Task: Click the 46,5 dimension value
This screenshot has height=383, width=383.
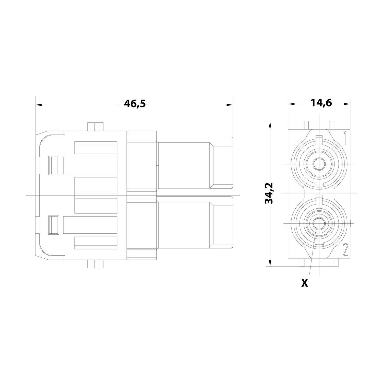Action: (x=135, y=104)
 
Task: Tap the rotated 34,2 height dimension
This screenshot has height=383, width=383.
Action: (x=269, y=193)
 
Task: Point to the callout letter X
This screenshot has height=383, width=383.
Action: (x=304, y=283)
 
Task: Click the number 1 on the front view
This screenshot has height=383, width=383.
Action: (x=344, y=138)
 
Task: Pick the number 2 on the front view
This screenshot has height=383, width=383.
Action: (x=345, y=250)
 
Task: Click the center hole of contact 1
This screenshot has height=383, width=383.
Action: (x=319, y=164)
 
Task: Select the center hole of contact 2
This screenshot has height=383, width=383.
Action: (x=319, y=223)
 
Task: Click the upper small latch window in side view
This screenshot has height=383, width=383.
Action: (x=54, y=165)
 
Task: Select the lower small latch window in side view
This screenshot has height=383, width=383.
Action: (x=54, y=225)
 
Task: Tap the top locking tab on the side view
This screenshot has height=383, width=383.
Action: (x=95, y=127)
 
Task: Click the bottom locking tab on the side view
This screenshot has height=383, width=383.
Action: (x=95, y=264)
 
